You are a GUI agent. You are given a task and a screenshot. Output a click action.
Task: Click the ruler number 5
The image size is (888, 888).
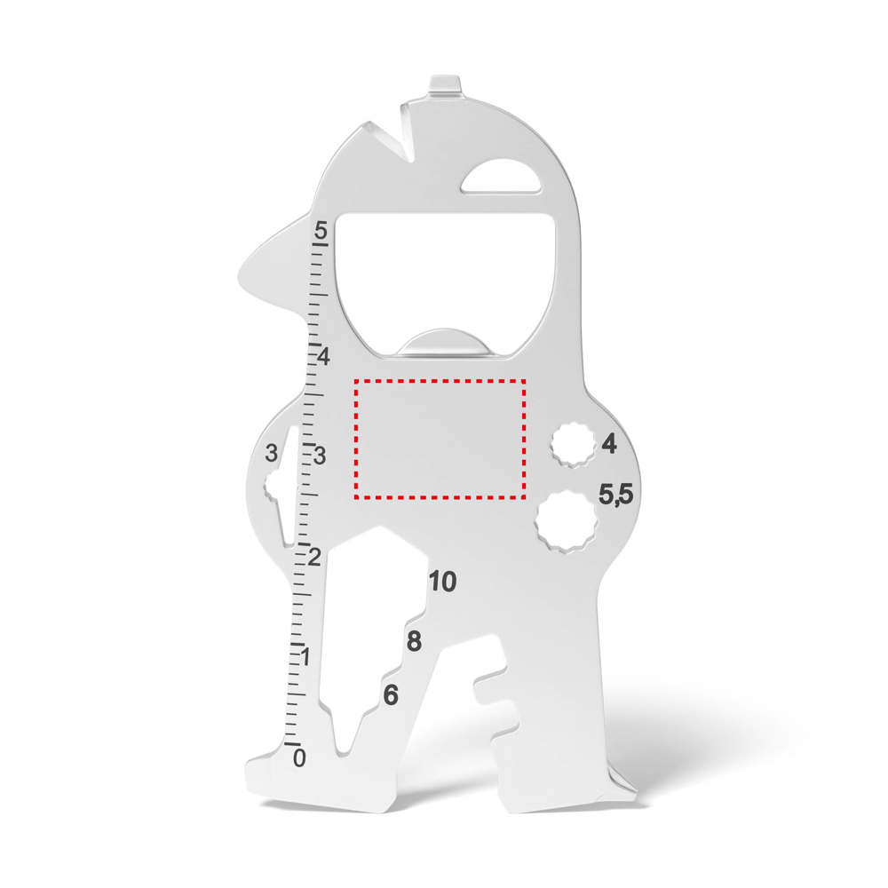click(x=321, y=231)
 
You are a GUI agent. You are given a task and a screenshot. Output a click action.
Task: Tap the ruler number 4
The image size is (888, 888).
click(x=323, y=357)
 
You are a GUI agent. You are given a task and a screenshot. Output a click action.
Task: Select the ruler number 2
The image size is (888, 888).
click(x=315, y=558)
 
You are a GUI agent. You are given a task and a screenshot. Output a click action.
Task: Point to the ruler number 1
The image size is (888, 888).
click(x=305, y=657)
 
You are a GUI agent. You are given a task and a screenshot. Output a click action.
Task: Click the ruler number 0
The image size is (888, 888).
click(x=299, y=757)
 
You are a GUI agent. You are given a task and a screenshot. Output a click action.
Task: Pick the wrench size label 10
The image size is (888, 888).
click(x=443, y=581)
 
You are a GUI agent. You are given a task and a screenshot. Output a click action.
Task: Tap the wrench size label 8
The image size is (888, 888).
click(x=414, y=641)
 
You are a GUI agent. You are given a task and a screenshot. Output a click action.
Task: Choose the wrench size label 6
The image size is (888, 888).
click(x=391, y=695)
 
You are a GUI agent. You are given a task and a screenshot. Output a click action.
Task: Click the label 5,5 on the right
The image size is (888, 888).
click(x=616, y=495)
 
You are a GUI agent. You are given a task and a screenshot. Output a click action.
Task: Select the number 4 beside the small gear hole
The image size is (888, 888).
click(x=609, y=443)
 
